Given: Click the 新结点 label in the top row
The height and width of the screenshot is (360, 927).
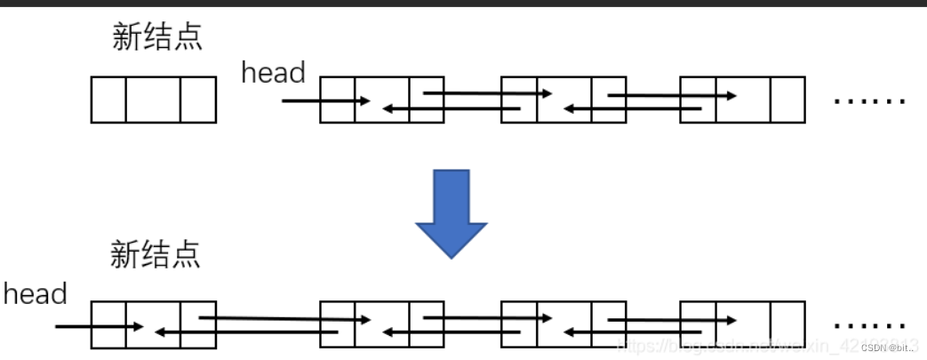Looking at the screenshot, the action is click(157, 36).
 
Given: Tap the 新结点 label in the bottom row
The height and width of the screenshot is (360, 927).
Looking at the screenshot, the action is click(156, 255).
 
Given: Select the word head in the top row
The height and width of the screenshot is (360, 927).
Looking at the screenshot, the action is click(273, 73).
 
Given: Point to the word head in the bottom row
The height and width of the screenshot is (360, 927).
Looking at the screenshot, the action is click(36, 294).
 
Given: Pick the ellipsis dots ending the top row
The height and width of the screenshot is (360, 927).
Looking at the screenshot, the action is click(869, 100).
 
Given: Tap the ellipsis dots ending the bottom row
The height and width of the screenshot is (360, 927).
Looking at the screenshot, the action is click(869, 322).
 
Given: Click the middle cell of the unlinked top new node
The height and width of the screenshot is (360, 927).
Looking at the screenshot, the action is click(152, 100).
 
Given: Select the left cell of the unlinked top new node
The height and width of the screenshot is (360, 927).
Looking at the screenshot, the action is click(108, 100).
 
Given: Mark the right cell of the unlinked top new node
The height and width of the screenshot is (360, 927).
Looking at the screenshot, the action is click(198, 100).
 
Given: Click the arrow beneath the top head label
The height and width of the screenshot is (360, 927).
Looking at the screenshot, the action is click(325, 100).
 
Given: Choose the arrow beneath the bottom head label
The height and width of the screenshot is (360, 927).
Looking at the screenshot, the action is click(98, 326).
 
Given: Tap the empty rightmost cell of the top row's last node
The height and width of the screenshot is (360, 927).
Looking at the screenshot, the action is click(787, 100).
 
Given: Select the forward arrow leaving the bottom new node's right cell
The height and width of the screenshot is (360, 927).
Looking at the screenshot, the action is click(284, 317).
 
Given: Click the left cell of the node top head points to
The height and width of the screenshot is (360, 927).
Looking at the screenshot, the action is click(337, 100).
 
